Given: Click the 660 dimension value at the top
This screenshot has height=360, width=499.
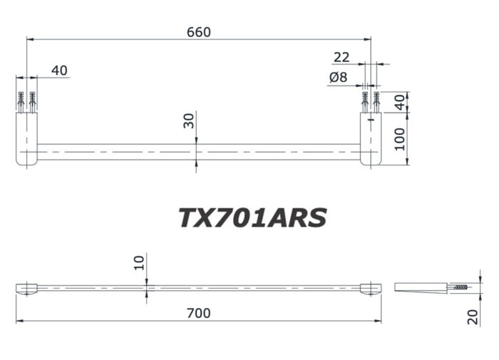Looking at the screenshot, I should tap(198, 32).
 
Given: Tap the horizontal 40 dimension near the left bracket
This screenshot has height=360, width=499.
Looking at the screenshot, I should tap(59, 70).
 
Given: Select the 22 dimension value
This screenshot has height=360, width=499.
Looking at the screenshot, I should tap(341, 56).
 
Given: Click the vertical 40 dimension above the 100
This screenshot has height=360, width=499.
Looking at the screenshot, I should tap(400, 102).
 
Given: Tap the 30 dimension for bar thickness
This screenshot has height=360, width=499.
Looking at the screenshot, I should tap(188, 120).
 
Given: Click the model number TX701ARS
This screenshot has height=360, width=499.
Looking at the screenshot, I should tap(252, 217).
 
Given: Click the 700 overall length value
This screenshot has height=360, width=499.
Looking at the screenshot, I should tap(198, 312).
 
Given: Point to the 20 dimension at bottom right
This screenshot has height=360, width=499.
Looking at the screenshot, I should tap(473, 317).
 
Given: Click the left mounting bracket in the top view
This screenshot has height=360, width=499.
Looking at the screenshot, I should tap(27, 139).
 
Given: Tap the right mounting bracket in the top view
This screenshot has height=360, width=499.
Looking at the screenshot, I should tap(371, 139).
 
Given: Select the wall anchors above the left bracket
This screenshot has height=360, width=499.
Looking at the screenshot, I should tap(27, 102).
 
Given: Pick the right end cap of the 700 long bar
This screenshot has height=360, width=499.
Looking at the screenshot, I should tap(370, 288).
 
